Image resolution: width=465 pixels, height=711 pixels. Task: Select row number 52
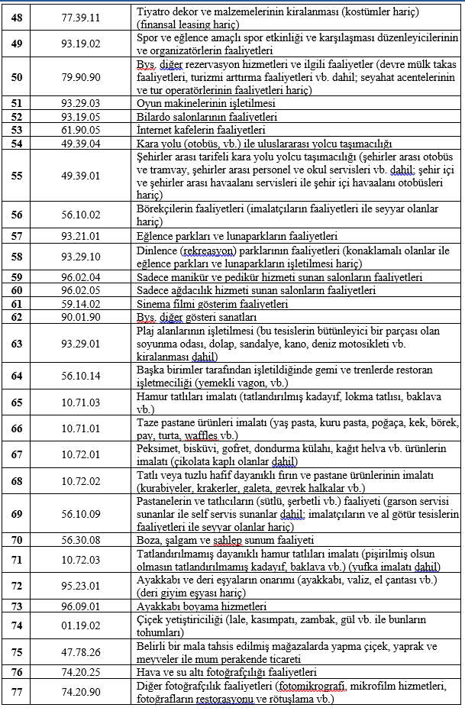coord(17,117)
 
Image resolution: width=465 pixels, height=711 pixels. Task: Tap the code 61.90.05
coord(80,130)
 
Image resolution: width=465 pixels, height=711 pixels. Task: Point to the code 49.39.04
coord(80,143)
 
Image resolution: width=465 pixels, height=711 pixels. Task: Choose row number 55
coord(17,175)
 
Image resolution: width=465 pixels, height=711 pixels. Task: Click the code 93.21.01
coord(80,236)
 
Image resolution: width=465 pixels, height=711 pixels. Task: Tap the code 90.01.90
coord(80,316)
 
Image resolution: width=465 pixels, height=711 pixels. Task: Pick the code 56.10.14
coord(80,376)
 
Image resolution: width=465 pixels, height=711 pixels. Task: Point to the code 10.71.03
coord(80,402)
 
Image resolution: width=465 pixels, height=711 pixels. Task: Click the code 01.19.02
coord(80,625)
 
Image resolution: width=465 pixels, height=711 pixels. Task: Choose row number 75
coord(17,652)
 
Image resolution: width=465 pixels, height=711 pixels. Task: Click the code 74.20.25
coord(80,672)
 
